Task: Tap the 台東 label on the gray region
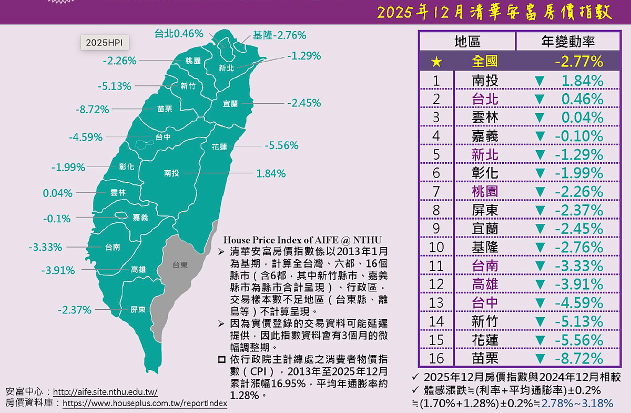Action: click(x=180, y=265)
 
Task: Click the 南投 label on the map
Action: click(x=172, y=173)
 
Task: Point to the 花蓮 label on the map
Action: click(x=219, y=147)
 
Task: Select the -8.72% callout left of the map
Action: click(x=92, y=110)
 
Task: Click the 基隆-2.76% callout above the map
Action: click(x=279, y=35)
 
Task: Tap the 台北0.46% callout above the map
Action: click(x=179, y=34)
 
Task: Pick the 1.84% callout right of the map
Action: click(x=271, y=173)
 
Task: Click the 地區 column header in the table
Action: click(x=467, y=42)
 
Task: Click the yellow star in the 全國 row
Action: click(x=436, y=62)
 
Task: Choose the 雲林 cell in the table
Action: click(x=485, y=117)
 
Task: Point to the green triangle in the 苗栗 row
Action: click(x=539, y=359)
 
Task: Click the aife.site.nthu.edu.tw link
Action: click(x=106, y=392)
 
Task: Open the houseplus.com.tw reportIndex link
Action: click(x=145, y=404)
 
